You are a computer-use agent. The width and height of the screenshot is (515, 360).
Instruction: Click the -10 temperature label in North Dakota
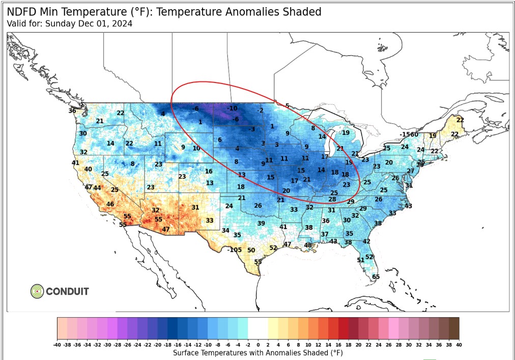pyautogui.click(x=232, y=108)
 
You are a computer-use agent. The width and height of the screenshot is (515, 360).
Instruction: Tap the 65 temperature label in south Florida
pyautogui.click(x=376, y=276)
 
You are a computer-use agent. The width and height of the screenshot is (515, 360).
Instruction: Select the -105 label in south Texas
pyautogui.click(x=234, y=250)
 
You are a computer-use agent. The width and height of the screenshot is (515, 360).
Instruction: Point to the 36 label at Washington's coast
pyautogui.click(x=72, y=110)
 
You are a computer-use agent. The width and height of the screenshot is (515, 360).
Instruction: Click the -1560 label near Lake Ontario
pyautogui.click(x=409, y=134)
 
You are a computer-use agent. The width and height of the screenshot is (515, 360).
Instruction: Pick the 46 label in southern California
pyautogui.click(x=110, y=204)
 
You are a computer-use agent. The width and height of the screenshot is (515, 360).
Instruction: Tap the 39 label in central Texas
pyautogui.click(x=261, y=224)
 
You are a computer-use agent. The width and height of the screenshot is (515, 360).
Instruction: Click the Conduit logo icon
pyautogui.click(x=37, y=291)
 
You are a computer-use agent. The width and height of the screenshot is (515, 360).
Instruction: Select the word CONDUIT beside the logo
pyautogui.click(x=67, y=292)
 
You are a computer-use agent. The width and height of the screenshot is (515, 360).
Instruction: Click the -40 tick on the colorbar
pyautogui.click(x=58, y=344)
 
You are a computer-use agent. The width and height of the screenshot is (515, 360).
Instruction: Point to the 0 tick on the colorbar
pyautogui.click(x=258, y=344)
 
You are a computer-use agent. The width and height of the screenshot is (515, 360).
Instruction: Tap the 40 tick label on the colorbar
pyautogui.click(x=459, y=344)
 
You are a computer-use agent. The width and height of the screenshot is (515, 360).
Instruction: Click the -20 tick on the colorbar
pyautogui.click(x=158, y=344)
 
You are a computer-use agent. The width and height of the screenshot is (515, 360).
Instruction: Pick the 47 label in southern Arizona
pyautogui.click(x=166, y=229)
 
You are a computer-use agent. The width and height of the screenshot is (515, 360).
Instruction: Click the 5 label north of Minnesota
pyautogui.click(x=287, y=106)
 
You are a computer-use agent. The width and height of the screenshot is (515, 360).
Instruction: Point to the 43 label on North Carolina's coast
pyautogui.click(x=408, y=206)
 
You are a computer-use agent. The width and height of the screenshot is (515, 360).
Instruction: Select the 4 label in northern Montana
pyautogui.click(x=163, y=114)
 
